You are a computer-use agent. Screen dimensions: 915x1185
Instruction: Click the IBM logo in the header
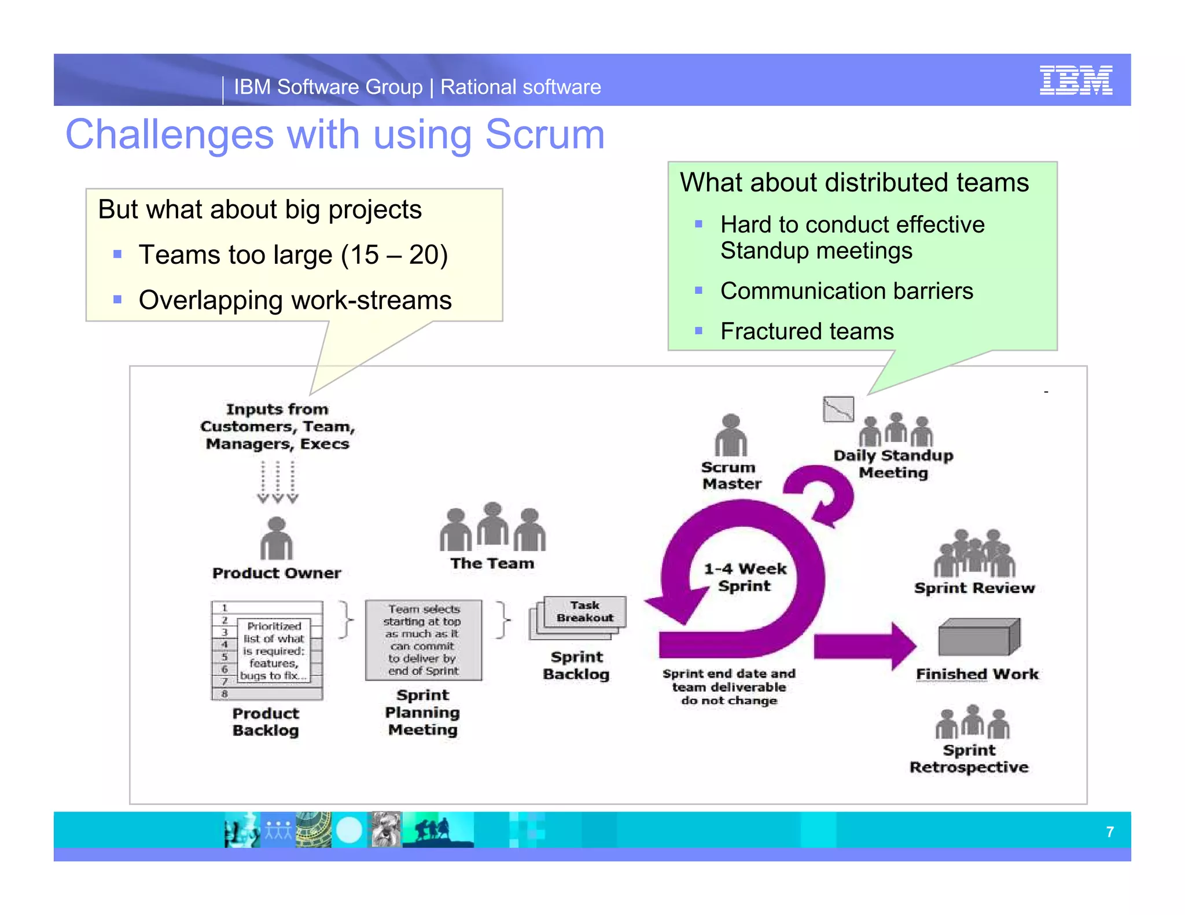click(x=1075, y=80)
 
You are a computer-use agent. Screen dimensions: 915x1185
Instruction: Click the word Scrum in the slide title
click(x=544, y=134)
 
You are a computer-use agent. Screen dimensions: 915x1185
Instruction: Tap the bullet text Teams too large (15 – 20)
click(x=293, y=254)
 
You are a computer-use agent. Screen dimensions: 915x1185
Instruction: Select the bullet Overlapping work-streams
click(x=295, y=300)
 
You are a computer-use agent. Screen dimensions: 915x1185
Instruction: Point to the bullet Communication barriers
click(x=846, y=291)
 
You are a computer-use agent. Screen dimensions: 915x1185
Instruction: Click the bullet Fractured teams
click(x=807, y=331)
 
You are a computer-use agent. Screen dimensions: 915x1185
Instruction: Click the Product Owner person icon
click(x=276, y=539)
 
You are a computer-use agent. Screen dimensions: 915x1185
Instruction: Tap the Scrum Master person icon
click(x=731, y=436)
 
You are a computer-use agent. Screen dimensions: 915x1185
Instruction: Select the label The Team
click(x=492, y=563)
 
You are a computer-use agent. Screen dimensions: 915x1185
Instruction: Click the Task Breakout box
click(x=584, y=612)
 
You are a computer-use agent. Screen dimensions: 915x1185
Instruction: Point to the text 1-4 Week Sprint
click(x=745, y=577)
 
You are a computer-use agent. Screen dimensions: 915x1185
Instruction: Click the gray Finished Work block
click(x=978, y=637)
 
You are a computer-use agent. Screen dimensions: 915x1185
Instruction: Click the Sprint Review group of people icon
click(x=974, y=554)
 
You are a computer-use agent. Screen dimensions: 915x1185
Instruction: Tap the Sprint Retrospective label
click(x=969, y=759)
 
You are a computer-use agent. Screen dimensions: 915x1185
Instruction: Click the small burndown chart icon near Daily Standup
click(x=838, y=409)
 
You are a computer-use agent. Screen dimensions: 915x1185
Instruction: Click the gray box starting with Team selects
click(x=423, y=640)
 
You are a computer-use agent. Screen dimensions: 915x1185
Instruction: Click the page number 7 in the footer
click(x=1109, y=832)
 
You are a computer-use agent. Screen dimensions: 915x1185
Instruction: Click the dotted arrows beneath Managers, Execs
click(x=278, y=482)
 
